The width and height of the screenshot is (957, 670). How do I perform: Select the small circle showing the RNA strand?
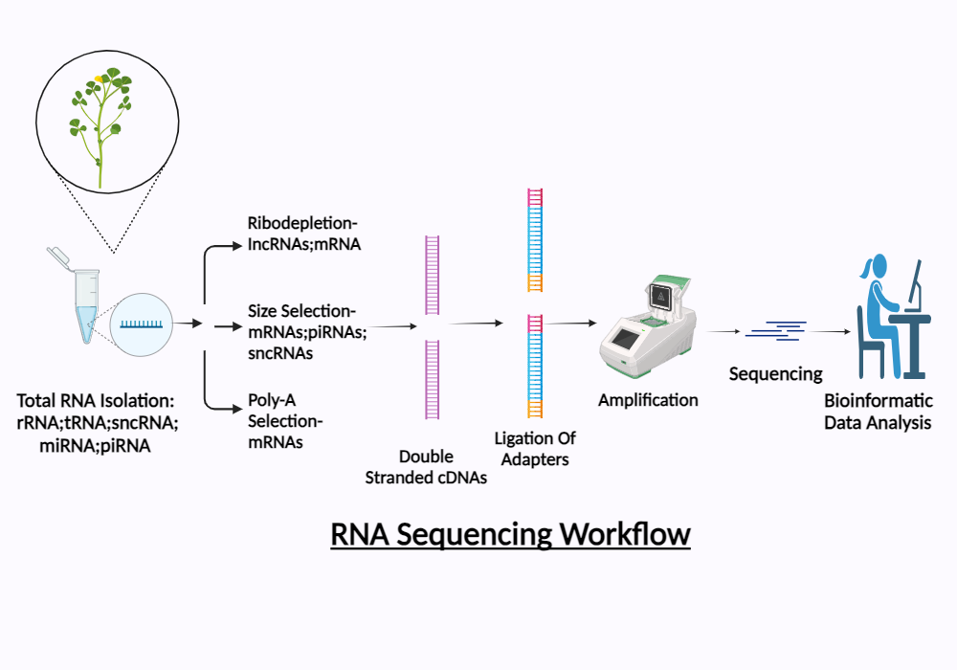[141, 324]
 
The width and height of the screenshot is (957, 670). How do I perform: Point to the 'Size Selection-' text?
[301, 311]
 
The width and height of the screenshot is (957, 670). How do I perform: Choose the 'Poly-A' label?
[270, 400]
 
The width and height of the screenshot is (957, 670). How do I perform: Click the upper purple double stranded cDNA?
[432, 277]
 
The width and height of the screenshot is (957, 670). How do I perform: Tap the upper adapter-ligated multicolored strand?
[535, 239]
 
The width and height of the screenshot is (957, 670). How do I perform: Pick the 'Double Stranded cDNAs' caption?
[426, 467]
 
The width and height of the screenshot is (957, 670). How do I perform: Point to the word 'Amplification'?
[648, 399]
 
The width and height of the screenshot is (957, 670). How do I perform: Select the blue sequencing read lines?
[776, 330]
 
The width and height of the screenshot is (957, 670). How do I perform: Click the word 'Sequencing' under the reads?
[775, 373]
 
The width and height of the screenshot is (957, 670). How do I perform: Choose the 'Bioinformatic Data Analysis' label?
[878, 412]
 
